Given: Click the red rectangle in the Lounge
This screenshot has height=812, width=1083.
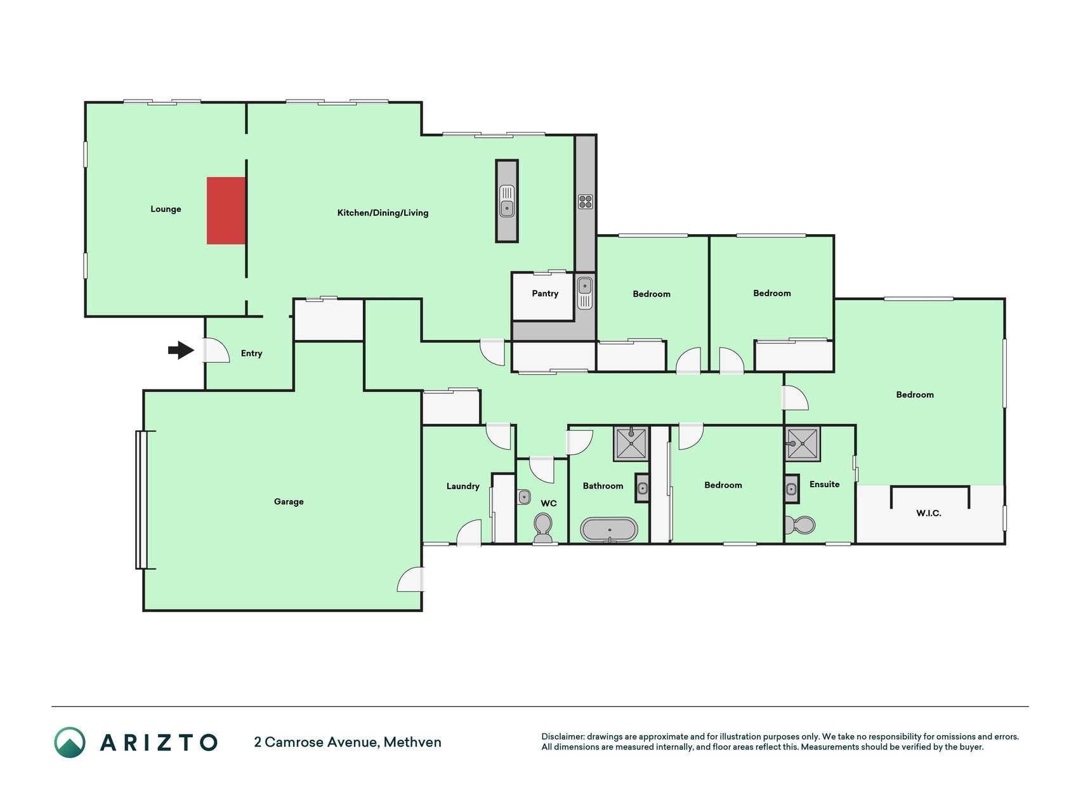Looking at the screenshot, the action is coord(226,211).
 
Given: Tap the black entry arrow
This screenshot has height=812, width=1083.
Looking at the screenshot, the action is coord(181,350).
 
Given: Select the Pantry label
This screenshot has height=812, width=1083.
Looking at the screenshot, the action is coord(545,294).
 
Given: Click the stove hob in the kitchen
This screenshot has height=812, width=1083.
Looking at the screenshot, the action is coord(585,202).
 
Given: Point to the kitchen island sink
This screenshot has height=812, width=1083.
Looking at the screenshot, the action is coord(507,200).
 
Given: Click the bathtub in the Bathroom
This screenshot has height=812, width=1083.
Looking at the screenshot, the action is coord(609,530).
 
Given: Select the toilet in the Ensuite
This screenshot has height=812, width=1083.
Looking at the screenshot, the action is coord(800,525).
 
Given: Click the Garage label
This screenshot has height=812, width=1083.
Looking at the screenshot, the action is coord(289,502).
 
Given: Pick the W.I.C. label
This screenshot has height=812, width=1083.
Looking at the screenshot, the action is coord(929,513).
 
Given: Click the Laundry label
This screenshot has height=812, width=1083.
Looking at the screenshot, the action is coord(463,487).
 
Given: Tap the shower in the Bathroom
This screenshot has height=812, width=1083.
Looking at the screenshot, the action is coord(631,443).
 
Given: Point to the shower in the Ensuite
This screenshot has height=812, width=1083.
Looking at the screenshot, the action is coord(803,443).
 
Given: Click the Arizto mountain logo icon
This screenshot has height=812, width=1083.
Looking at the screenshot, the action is coord(70,742).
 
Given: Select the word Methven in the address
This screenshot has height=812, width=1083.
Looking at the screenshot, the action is coord(412,742).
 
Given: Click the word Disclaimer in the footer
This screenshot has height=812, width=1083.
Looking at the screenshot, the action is coord(562,737).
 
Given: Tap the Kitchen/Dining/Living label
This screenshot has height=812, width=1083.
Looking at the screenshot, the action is coord(383,213).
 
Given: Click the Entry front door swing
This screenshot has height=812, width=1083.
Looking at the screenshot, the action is coord(216,350).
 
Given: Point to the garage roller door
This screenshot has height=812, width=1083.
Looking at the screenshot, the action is coord(141,500).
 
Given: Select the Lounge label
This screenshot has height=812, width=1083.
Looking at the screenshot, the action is coord(166,209).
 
